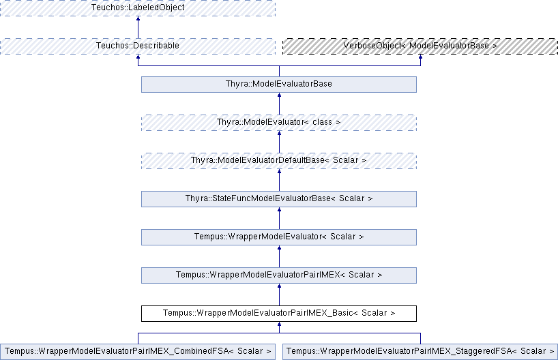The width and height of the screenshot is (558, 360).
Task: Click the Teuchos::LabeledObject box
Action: tap(138, 7)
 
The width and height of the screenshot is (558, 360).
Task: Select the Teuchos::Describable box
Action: tap(138, 46)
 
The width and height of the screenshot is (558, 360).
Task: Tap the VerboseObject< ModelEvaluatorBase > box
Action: tap(420, 46)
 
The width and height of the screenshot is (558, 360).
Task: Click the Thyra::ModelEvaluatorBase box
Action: tap(279, 85)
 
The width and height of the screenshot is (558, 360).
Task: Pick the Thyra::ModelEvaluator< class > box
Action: tap(279, 123)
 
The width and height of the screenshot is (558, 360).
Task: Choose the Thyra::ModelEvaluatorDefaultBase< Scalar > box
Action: tap(279, 161)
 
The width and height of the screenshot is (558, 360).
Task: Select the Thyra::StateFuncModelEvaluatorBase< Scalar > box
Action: tap(279, 199)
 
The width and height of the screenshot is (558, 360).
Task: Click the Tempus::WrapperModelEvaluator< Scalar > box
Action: tap(279, 237)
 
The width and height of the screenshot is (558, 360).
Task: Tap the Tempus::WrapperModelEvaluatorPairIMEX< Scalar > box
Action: tap(279, 275)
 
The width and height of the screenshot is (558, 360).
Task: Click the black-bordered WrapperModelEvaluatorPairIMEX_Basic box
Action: tap(279, 314)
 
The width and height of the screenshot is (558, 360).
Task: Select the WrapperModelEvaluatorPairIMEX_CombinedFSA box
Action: tap(138, 352)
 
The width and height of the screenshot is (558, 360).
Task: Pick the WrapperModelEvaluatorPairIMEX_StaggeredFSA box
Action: tap(420, 352)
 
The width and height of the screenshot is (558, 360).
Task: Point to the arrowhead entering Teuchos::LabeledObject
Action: tap(138, 18)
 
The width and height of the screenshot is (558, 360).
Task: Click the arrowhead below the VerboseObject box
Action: tap(420, 57)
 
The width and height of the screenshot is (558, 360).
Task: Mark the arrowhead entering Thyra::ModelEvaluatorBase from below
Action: tap(280, 95)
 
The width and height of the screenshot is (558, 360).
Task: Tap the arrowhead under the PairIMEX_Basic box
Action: tap(280, 324)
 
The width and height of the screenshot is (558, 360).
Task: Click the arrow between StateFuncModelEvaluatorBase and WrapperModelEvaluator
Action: tap(280, 218)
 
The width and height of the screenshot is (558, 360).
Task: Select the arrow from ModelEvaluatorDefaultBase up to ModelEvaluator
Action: tap(280, 142)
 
